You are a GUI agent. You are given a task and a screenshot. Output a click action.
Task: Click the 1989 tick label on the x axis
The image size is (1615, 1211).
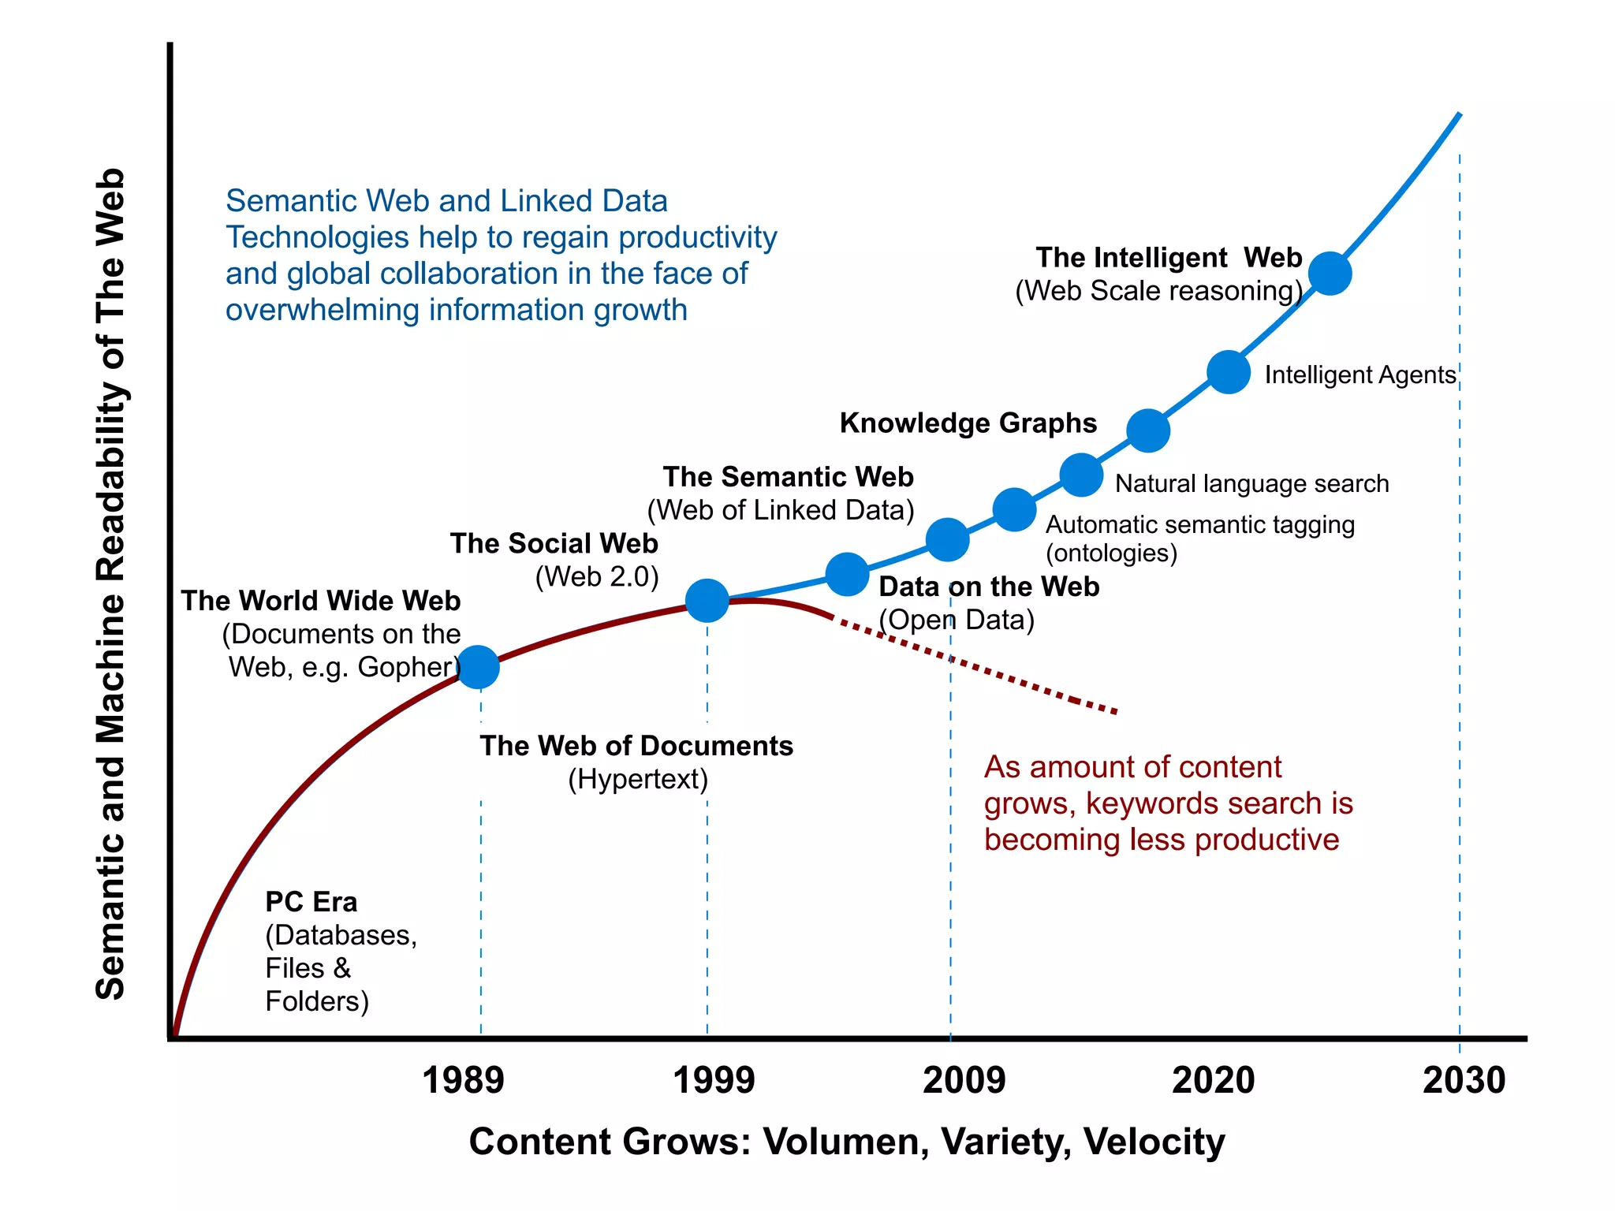pyautogui.click(x=463, y=1080)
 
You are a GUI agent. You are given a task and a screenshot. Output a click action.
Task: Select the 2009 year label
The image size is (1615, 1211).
pyautogui.click(x=964, y=1080)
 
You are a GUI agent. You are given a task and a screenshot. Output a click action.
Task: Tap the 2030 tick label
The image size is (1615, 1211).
pyautogui.click(x=1464, y=1080)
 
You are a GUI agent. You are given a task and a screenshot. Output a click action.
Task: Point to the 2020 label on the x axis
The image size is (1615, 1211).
pyautogui.click(x=1213, y=1080)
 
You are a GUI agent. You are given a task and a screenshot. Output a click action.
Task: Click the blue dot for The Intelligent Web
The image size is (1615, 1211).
pyautogui.click(x=1330, y=274)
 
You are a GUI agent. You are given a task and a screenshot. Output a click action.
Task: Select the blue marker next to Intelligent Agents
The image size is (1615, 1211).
pyautogui.click(x=1229, y=372)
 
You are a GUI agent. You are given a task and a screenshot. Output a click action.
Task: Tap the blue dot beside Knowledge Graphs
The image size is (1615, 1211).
pyautogui.click(x=1148, y=430)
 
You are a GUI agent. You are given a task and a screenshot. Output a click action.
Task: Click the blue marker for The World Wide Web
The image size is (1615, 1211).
pyautogui.click(x=478, y=667)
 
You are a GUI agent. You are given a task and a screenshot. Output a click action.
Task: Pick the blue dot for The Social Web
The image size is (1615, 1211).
pyautogui.click(x=707, y=601)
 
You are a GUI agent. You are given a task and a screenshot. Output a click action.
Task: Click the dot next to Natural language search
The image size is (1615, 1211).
pyautogui.click(x=1081, y=475)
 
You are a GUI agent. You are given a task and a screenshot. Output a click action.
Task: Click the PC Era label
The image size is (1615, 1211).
pyautogui.click(x=311, y=902)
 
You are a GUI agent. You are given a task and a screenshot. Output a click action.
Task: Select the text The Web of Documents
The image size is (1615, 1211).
pyautogui.click(x=636, y=746)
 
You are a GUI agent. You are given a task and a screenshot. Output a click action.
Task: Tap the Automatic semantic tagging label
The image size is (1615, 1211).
pyautogui.click(x=1199, y=525)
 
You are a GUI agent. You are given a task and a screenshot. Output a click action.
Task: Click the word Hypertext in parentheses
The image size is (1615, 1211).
pyautogui.click(x=638, y=780)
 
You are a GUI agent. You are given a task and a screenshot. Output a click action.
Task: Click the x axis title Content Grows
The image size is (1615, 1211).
pyautogui.click(x=846, y=1142)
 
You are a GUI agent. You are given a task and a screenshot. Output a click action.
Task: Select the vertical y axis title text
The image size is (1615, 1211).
pyautogui.click(x=110, y=583)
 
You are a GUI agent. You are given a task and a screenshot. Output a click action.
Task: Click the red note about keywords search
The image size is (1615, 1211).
pyautogui.click(x=1167, y=803)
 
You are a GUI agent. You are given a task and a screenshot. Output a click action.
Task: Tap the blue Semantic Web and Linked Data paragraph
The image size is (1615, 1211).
pyautogui.click(x=501, y=255)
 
